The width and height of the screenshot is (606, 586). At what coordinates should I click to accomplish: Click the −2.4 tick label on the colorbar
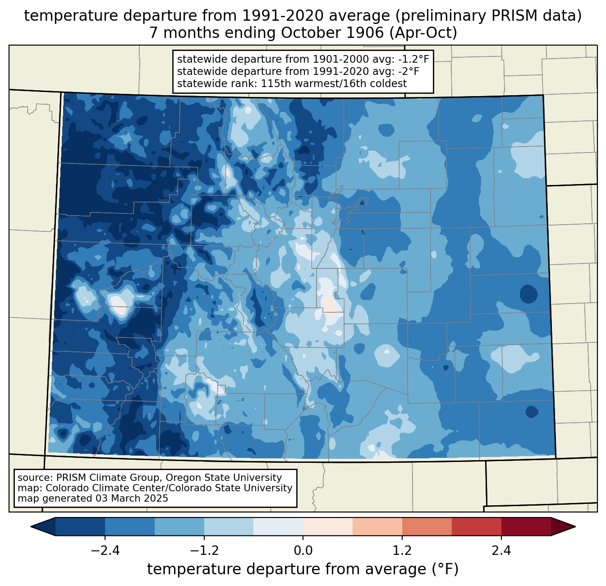[105, 551]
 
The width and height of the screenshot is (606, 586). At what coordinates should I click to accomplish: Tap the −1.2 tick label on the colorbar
[204, 551]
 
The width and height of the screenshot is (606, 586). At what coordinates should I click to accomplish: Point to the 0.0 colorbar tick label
[303, 551]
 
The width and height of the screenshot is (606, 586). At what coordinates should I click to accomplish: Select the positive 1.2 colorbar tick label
[402, 551]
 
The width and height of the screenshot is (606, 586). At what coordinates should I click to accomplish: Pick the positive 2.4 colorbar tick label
[501, 551]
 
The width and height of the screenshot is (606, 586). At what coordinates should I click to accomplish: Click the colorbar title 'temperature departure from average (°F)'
[303, 569]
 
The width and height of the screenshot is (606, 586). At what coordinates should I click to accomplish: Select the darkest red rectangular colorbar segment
[526, 526]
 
